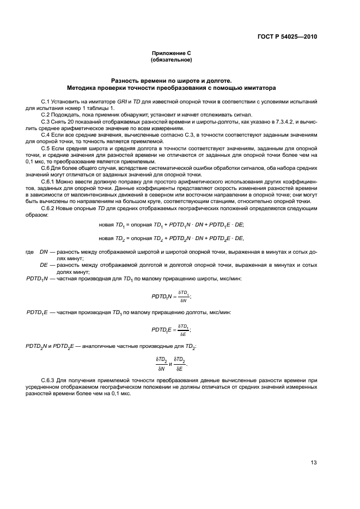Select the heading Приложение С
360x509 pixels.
pos(171,53)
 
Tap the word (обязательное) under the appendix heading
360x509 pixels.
pos(171,59)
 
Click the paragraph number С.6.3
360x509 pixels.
pos(49,379)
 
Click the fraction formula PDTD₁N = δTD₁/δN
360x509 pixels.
pos(171,296)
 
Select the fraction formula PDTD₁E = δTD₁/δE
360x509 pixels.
pos(171,330)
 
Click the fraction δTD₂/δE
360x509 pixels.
pos(180,364)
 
